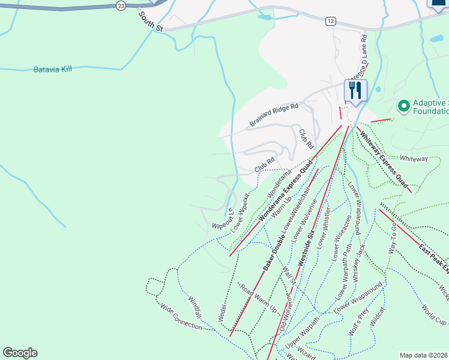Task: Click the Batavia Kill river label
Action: (53, 70)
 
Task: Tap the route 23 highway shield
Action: (121, 5)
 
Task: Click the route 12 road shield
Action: (331, 21)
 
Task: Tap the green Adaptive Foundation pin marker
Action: (404, 106)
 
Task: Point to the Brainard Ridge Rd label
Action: (274, 115)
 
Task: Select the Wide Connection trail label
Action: (181, 316)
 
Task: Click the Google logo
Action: (20, 353)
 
